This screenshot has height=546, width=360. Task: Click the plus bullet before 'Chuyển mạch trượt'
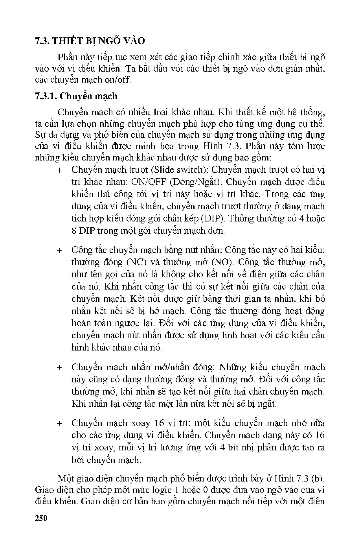click(59, 170)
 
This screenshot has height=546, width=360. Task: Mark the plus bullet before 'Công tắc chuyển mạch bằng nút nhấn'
click(59, 250)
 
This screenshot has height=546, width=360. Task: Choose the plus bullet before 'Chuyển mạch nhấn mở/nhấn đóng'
click(59, 367)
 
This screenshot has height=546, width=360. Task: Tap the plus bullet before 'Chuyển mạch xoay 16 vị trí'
click(59, 423)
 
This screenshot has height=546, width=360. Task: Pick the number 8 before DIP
click(74, 231)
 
